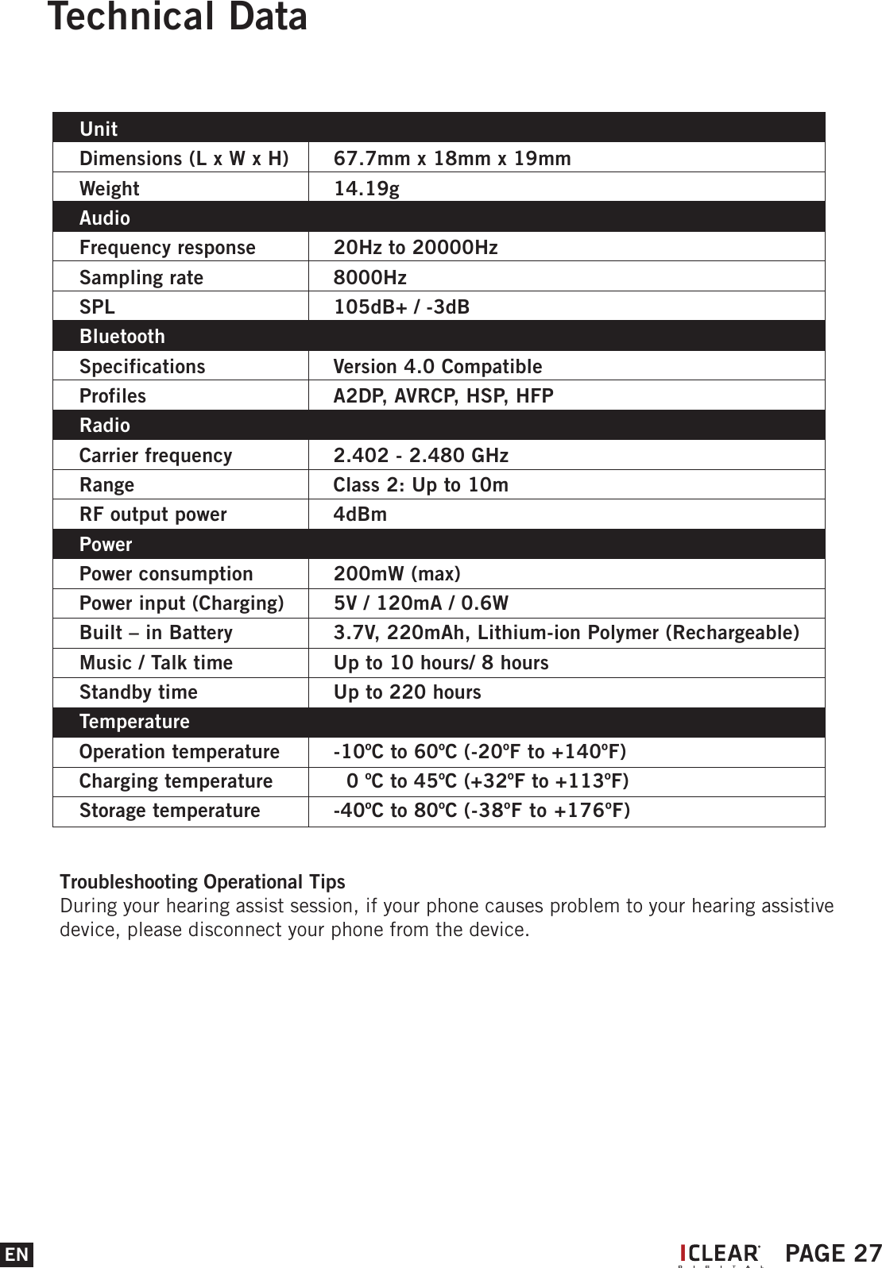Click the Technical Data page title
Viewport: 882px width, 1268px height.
click(177, 17)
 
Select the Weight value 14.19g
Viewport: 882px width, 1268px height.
click(366, 188)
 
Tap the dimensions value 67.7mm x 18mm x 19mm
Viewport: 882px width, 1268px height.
click(451, 158)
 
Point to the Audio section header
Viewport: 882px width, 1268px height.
click(105, 218)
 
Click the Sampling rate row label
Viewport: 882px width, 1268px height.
click(141, 277)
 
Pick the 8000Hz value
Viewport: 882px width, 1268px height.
click(369, 277)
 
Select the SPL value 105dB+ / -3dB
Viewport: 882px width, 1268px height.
click(401, 306)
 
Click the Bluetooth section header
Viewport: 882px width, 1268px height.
click(122, 337)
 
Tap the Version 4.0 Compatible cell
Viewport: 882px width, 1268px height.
click(437, 366)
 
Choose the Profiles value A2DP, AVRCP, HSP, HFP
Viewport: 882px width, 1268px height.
click(443, 395)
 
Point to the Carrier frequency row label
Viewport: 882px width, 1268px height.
click(156, 455)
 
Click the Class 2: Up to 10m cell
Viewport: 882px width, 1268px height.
click(420, 484)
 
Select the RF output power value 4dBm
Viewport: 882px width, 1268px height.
click(360, 514)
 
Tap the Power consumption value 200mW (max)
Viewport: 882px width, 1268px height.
click(397, 573)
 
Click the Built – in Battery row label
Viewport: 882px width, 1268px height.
click(156, 633)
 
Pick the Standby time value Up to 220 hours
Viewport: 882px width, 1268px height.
click(407, 692)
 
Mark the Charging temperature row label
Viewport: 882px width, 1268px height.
click(176, 780)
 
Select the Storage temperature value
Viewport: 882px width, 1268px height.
click(482, 810)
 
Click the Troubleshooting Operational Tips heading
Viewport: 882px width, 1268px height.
click(203, 881)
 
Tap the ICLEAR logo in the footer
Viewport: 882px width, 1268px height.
click(720, 1254)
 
